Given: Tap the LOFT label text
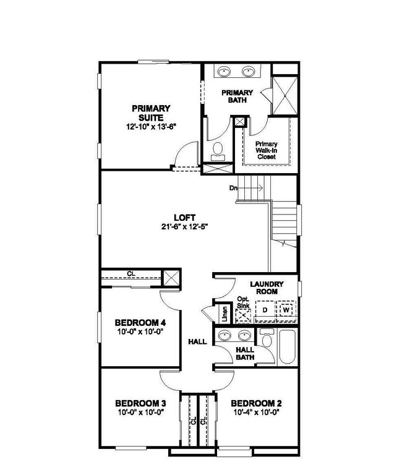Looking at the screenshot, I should pos(185,218).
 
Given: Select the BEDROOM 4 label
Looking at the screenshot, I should pos(140,322).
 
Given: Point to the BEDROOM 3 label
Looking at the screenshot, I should pos(140,403).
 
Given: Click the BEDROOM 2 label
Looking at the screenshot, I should pos(257,403).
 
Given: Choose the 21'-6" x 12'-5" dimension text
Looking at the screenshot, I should pos(185,226).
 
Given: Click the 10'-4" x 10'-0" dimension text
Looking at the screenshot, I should pos(257,412).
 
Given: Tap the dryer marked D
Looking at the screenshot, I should pos(264,309).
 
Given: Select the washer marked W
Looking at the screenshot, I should pos(286,309).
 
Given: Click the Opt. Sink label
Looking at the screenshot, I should pos(244,302).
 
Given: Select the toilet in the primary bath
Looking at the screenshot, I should pos(217,149).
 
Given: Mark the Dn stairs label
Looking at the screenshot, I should pos(233,187).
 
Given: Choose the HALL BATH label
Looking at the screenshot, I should pos(246,353).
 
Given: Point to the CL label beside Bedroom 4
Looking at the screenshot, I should pos(131,273).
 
